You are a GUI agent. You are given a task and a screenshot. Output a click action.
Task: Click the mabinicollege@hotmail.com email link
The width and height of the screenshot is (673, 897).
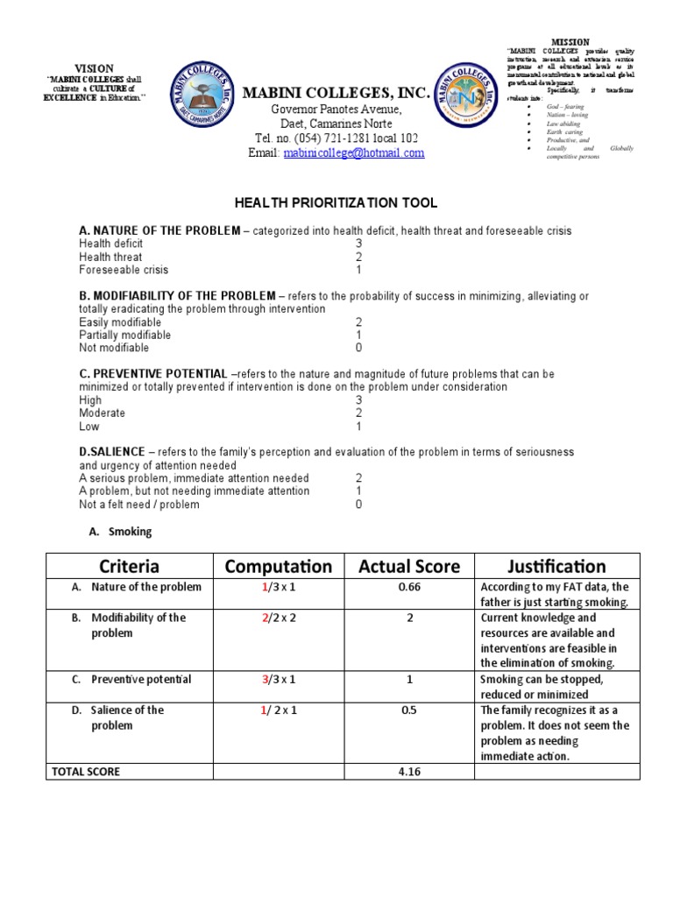(353, 152)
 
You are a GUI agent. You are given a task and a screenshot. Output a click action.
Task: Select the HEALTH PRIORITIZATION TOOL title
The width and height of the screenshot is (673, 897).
(336, 203)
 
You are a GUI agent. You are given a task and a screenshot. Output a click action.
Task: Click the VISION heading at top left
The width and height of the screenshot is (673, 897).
(94, 67)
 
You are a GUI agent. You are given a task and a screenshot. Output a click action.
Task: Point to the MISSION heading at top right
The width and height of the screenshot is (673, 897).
(570, 42)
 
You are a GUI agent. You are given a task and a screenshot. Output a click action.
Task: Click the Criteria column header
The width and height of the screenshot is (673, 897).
(129, 567)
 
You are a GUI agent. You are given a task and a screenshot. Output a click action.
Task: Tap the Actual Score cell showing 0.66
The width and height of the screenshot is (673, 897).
(409, 587)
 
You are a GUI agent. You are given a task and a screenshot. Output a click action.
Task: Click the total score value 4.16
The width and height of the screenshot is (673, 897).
(409, 772)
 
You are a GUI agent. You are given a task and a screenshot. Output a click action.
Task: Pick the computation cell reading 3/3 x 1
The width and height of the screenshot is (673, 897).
(280, 680)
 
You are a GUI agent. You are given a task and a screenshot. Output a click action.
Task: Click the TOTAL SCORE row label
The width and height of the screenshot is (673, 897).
(86, 772)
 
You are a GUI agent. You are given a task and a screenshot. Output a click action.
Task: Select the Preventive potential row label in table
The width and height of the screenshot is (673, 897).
(141, 680)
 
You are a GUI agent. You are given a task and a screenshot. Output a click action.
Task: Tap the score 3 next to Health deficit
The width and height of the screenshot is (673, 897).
(358, 244)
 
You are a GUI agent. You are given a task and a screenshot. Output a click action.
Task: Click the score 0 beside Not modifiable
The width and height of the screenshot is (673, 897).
(358, 348)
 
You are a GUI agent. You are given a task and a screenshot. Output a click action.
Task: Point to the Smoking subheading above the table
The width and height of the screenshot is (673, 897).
(130, 532)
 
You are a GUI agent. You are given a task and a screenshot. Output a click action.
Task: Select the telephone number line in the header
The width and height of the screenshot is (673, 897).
(336, 138)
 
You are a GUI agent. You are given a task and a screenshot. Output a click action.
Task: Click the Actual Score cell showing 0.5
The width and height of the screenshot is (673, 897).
(409, 710)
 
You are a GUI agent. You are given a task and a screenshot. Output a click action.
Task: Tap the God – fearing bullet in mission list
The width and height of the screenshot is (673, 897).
(567, 106)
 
